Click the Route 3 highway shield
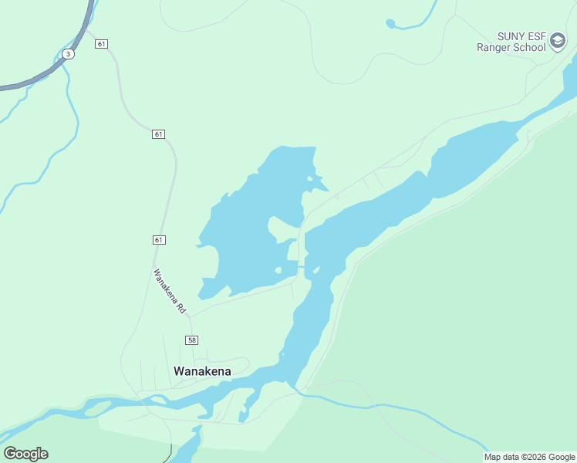[69, 53]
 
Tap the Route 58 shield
[191, 340]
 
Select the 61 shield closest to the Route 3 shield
[101, 44]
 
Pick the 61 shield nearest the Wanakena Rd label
[158, 240]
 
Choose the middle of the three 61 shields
[158, 134]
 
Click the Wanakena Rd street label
[170, 290]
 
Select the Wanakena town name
[202, 370]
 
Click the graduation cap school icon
[558, 41]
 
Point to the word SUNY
[490, 35]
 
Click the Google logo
[25, 454]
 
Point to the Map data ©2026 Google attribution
[529, 457]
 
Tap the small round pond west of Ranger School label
[390, 23]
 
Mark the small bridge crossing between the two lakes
[302, 267]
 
